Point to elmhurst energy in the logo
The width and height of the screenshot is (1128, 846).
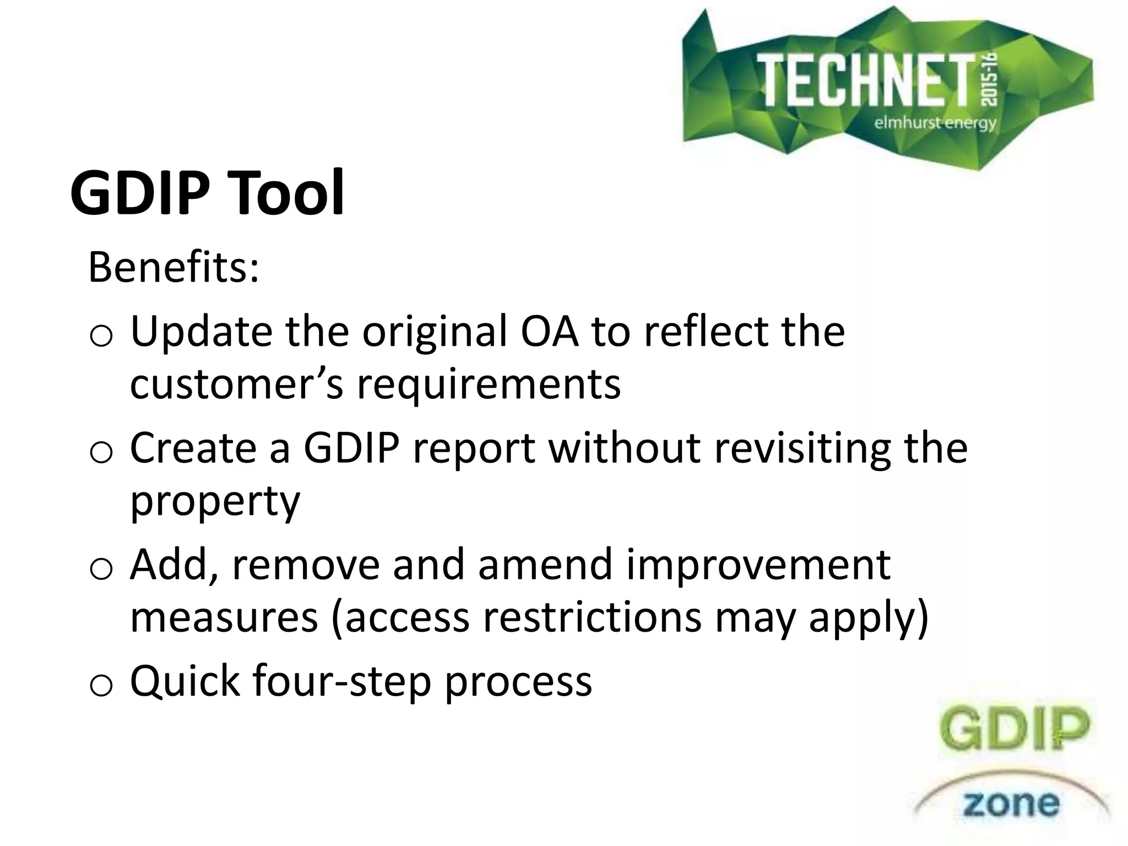point(935,122)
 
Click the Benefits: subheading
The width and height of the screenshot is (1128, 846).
point(173,268)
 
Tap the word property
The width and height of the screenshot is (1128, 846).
point(215,501)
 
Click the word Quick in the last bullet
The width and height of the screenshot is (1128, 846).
point(185,681)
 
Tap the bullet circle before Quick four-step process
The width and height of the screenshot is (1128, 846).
point(101,686)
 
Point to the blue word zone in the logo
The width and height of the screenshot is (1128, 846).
point(1011,804)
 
